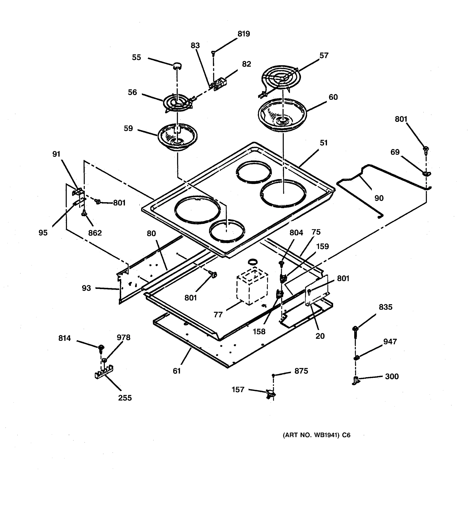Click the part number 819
[x=244, y=34]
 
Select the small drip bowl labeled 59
[x=178, y=137]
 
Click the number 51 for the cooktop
[x=323, y=143]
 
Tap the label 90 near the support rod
[x=379, y=198]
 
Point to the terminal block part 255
[x=104, y=373]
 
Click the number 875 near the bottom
[x=301, y=371]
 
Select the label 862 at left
[x=95, y=233]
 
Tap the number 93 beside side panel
[x=86, y=288]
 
